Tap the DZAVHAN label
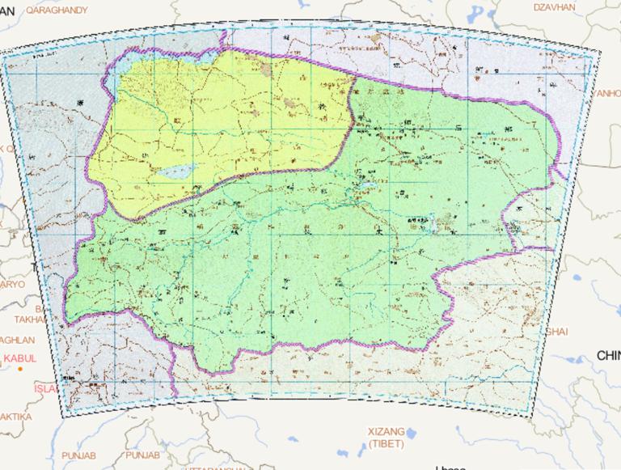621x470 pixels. (555, 7)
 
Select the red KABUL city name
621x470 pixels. (19, 358)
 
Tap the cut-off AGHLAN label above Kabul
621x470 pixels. (17, 341)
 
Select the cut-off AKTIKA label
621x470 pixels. (15, 416)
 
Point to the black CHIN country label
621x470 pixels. (607, 355)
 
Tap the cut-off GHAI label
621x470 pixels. (558, 332)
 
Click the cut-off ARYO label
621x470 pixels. (12, 285)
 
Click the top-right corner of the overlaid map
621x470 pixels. (601, 50)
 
